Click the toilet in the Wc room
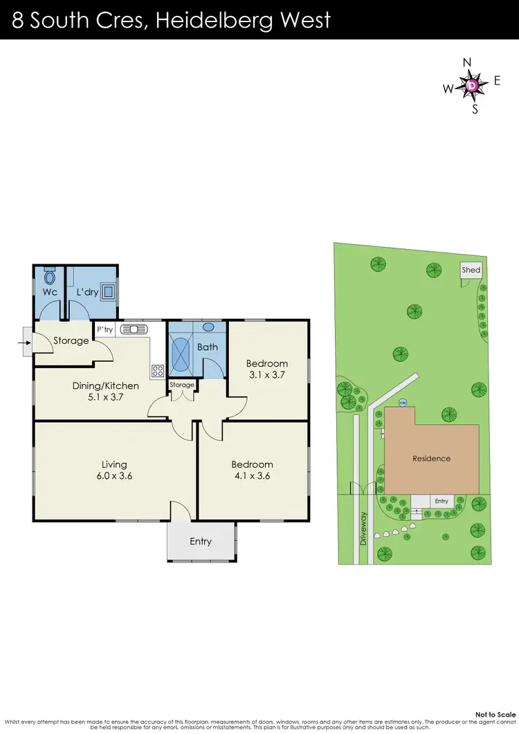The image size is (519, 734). pos(49,278)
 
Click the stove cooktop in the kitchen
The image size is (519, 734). pos(157,370)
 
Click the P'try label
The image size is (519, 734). pos(104,330)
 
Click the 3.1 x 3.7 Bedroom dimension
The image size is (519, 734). pos(266,374)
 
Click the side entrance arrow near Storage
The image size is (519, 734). pos(26,341)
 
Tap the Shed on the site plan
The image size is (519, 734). pos(471,270)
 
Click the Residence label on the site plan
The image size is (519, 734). pos(431,458)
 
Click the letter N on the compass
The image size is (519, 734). pos(466,63)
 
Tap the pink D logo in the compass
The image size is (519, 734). pos(471,85)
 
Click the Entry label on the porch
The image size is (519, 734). pos(201,541)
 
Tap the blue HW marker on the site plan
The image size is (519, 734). pos(401,402)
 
